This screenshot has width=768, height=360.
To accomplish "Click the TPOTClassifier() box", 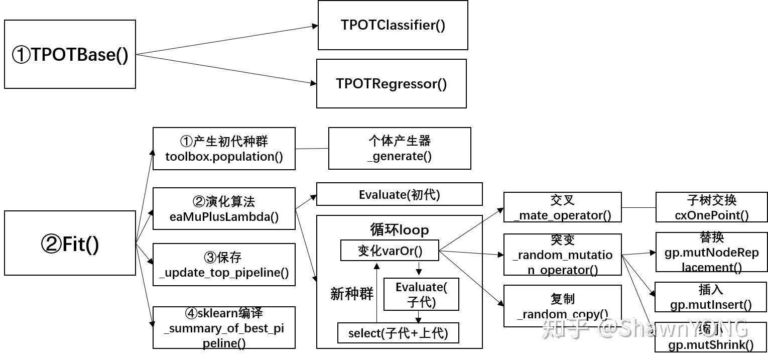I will tap(393, 25).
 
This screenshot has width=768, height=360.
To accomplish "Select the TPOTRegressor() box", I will tap(391, 83).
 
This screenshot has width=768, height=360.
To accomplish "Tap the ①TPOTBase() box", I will tap(70, 54).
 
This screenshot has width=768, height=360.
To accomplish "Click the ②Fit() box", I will tap(70, 243).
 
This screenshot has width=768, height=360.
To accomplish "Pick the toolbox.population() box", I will tap(224, 149).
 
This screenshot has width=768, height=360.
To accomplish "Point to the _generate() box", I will tap(399, 148).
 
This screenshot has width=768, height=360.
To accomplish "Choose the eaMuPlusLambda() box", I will tap(224, 209).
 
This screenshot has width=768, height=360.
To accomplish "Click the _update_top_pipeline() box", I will tap(224, 265).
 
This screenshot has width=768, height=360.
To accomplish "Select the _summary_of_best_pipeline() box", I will tap(224, 328).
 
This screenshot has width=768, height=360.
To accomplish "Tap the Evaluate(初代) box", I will tap(399, 194).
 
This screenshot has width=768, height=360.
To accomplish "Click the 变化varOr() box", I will tap(390, 251).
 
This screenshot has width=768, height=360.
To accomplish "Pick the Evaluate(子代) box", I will tap(421, 294).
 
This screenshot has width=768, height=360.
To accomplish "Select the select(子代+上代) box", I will tap(398, 333).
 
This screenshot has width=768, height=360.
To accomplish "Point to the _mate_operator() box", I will tap(562, 207).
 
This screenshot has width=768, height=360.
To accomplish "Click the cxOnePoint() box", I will tap(711, 207).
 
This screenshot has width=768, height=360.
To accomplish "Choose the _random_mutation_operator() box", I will tap(562, 255).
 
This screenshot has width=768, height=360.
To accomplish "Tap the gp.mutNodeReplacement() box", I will tap(711, 252).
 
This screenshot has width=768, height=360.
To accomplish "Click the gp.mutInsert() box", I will tap(711, 297).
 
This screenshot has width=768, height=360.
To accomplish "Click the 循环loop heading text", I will tap(399, 229).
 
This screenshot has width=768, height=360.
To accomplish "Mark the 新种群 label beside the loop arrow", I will tap(351, 294).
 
